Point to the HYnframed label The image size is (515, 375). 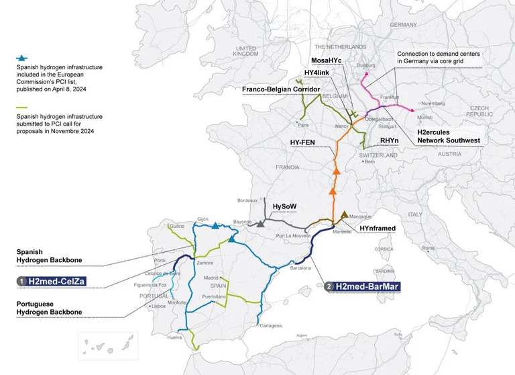(378, 228)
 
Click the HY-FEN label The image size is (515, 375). (302, 142)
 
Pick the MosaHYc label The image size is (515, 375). (327, 60)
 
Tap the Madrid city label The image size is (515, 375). (212, 278)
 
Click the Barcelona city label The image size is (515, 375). (300, 268)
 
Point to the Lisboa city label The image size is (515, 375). (158, 306)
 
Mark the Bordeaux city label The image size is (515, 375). (247, 200)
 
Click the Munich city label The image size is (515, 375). (425, 117)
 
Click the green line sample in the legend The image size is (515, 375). (22, 108)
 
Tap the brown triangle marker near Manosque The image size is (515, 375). (344, 215)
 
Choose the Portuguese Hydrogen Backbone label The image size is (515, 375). (49, 308)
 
